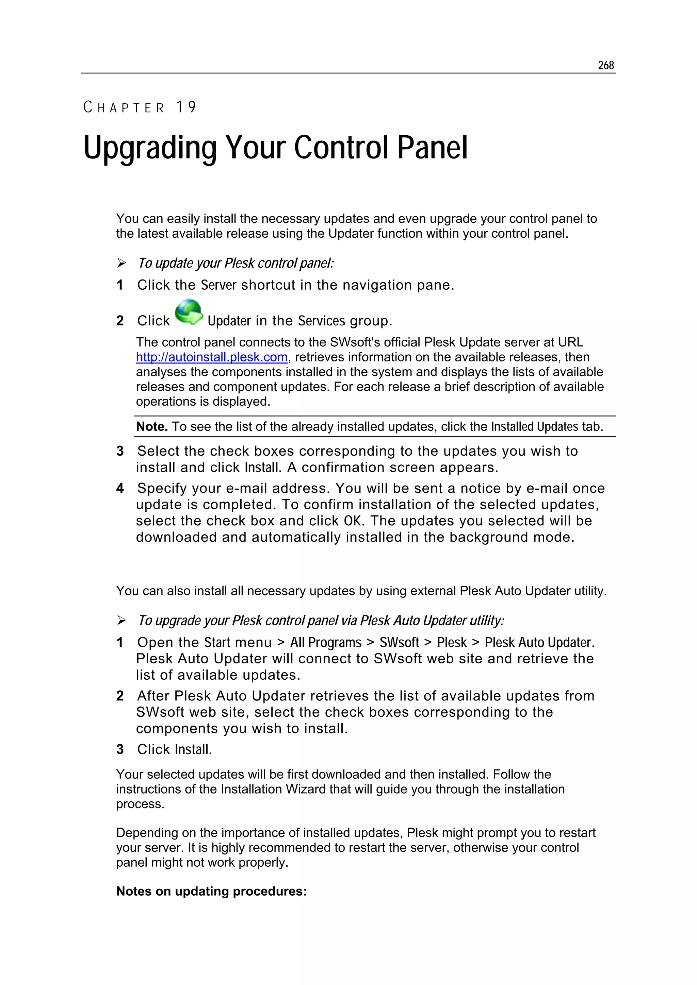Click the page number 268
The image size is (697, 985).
pos(605,65)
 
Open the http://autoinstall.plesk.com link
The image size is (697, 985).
pos(212,357)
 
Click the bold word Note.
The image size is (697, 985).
pos(151,426)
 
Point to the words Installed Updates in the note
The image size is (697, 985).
pos(535,426)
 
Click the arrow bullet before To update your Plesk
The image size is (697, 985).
pos(121,263)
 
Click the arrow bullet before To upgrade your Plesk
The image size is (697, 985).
pos(121,621)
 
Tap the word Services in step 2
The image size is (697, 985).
pos(322,321)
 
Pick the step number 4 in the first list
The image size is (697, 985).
pos(120,488)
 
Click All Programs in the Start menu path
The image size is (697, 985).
pos(326,642)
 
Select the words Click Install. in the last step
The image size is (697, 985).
pos(174,749)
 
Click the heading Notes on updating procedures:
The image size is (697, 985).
pos(211,891)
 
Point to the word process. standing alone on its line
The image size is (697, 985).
pos(141,804)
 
